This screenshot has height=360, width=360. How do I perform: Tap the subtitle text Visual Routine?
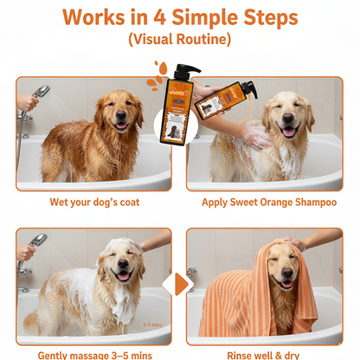(x=179, y=40)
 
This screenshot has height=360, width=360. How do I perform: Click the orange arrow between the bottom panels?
(x=179, y=285)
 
